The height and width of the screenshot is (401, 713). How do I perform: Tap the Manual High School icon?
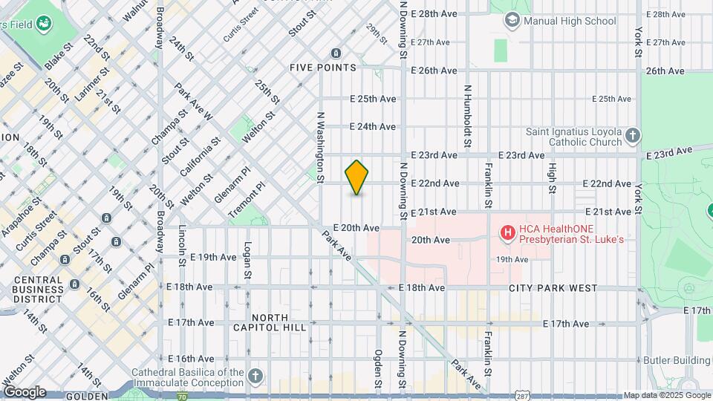tap(511, 20)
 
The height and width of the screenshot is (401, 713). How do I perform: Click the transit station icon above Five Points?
tap(336, 53)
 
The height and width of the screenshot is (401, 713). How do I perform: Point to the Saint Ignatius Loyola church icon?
tap(632, 135)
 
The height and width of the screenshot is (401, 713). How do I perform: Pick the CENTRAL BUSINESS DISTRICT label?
tap(37, 290)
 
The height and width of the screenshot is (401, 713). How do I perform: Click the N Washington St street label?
tap(321, 147)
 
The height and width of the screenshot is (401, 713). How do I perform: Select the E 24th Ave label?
tap(373, 126)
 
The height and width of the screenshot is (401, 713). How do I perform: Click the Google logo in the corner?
tap(24, 391)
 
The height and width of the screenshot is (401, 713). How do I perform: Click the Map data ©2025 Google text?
tap(665, 395)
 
